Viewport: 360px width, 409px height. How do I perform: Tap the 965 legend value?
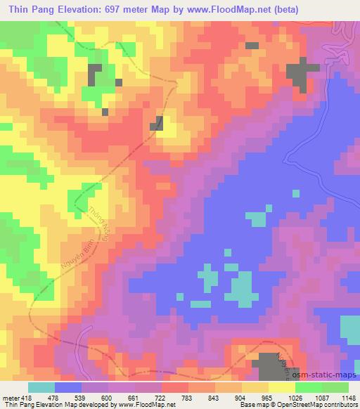click(x=266, y=398)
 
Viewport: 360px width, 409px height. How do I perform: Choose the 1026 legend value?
click(x=294, y=398)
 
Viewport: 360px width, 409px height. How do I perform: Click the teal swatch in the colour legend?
click(x=41, y=387)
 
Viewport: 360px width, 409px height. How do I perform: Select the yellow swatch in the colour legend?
click(x=281, y=387)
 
